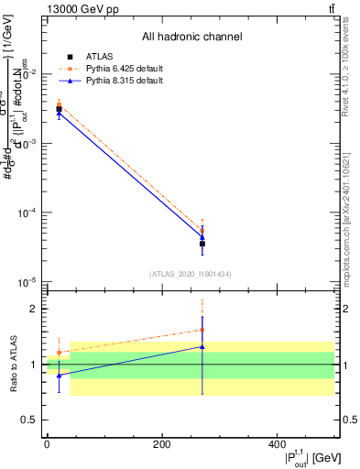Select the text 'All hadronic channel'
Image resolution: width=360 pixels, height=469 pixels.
tap(191, 37)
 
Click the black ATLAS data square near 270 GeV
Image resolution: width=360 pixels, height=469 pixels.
tap(202, 244)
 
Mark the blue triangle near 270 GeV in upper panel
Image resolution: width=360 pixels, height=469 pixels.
tap(202, 237)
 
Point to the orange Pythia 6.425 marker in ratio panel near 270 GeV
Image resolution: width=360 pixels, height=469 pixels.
tap(202, 330)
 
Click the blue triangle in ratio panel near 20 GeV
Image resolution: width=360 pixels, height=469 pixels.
tap(60, 376)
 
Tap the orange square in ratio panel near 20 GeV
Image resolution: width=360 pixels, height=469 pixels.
tap(60, 352)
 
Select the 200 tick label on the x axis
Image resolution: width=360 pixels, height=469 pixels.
tap(161, 444)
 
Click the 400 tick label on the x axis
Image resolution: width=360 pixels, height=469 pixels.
tap(276, 444)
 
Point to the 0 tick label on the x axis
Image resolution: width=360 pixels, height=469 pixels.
tap(47, 444)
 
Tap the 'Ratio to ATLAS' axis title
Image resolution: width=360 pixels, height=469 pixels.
tap(15, 365)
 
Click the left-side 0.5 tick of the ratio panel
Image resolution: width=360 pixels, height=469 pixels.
tap(31, 420)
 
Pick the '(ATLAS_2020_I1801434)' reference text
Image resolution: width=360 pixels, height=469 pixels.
tap(191, 274)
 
